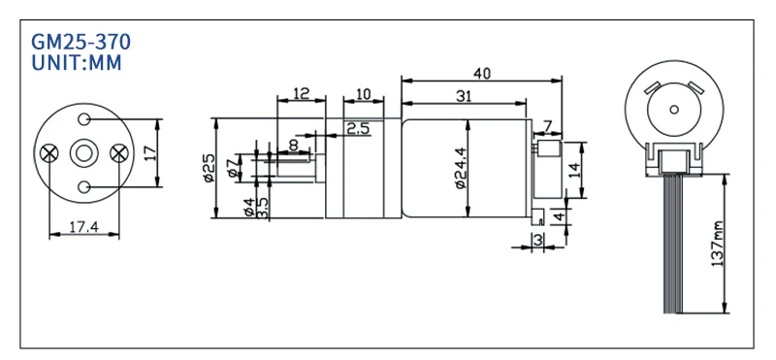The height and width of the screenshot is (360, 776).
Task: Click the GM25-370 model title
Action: click(81, 43)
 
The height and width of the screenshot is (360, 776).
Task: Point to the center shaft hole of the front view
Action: click(84, 152)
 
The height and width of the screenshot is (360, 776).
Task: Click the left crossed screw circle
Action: click(50, 152)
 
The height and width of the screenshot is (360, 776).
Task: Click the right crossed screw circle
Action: click(119, 152)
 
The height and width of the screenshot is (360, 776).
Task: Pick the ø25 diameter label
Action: click(207, 167)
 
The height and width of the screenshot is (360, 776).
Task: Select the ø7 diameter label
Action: click(230, 168)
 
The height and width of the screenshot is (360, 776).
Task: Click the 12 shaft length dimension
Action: click(300, 93)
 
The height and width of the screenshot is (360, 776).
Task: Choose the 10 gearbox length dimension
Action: click(363, 93)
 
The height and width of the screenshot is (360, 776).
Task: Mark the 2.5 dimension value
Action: click(357, 128)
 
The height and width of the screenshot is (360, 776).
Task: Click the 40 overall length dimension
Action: click(481, 72)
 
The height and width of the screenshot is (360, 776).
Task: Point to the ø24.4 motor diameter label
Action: click(459, 168)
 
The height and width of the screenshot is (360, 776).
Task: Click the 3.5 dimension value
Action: click(263, 207)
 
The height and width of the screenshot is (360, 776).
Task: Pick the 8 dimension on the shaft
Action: click(292, 146)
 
